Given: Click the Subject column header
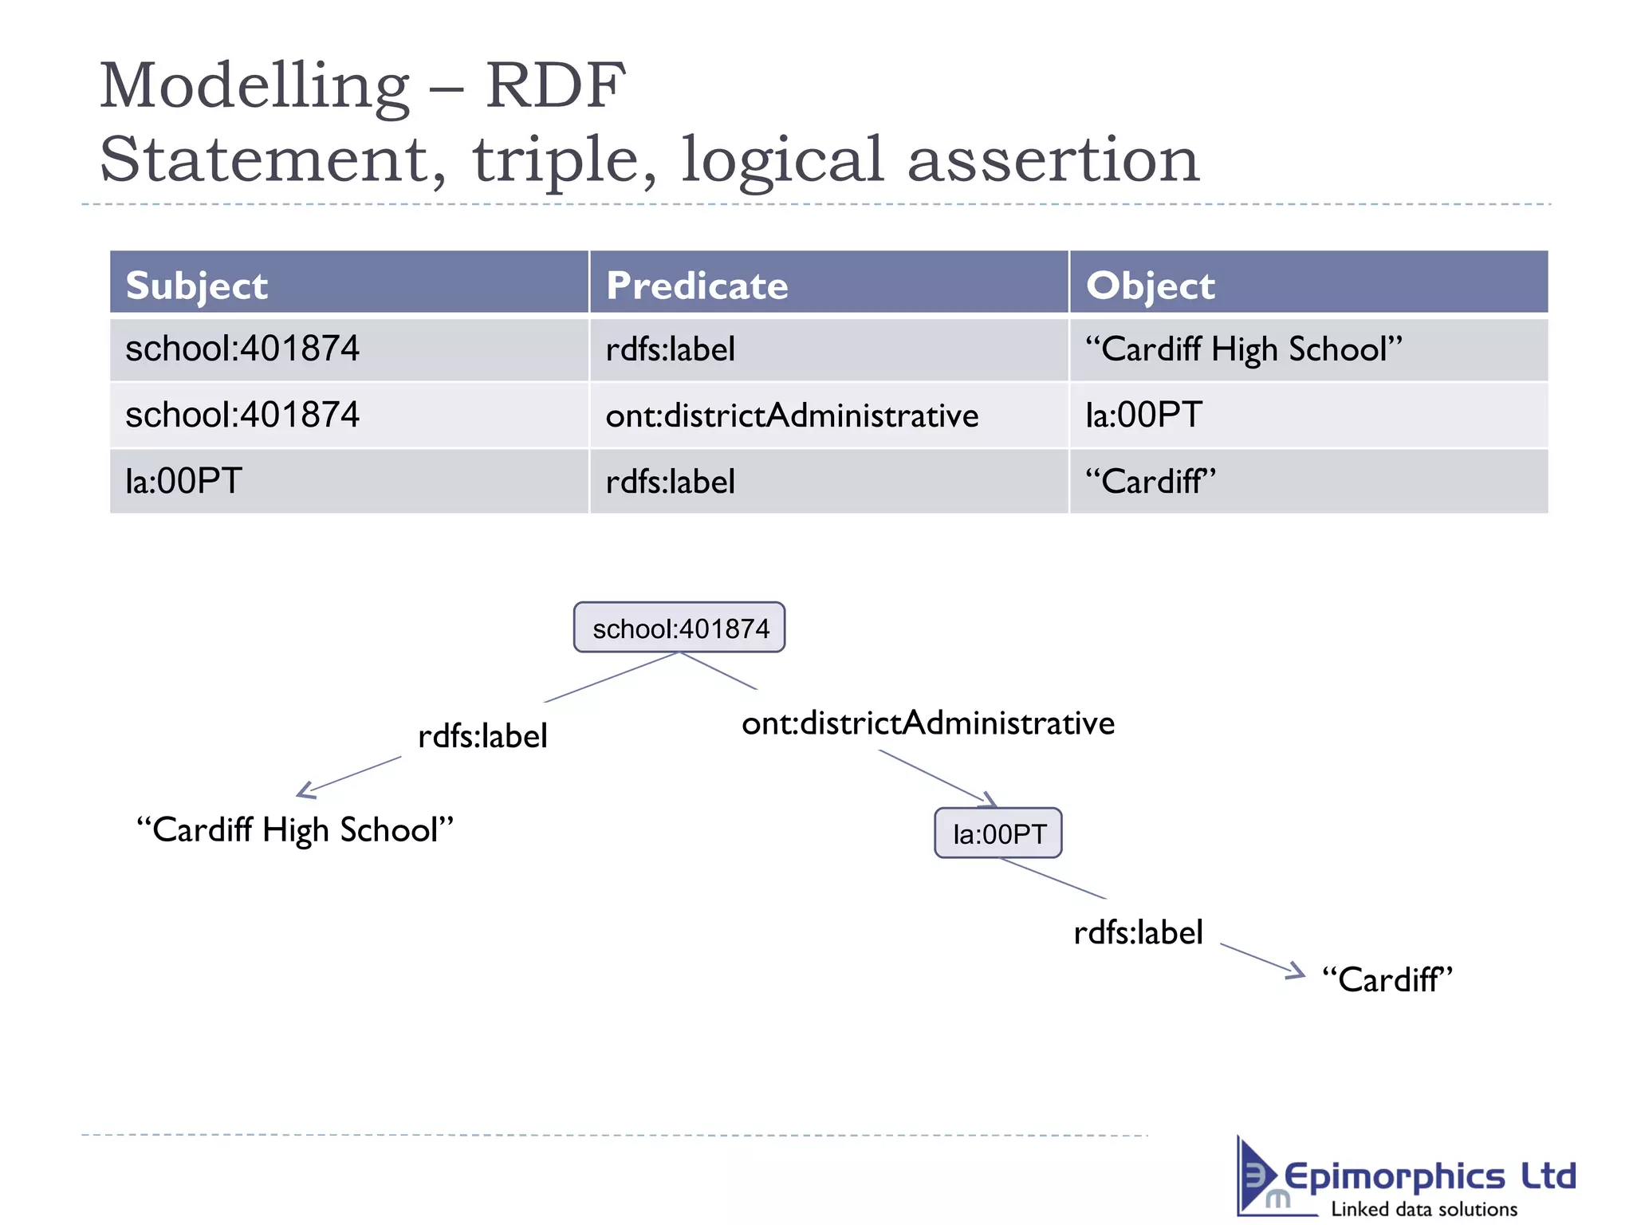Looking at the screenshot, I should pyautogui.click(x=197, y=285).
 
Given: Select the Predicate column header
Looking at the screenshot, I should pyautogui.click(x=696, y=285).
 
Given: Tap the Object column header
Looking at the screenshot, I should pyautogui.click(x=1150, y=285).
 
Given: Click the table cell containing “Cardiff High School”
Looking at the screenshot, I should pyautogui.click(x=1243, y=349).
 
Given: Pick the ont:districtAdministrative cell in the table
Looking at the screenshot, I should pyautogui.click(x=791, y=416).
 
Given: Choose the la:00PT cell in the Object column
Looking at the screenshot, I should pyautogui.click(x=1143, y=416).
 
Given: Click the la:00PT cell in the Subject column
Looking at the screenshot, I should pyautogui.click(x=183, y=482).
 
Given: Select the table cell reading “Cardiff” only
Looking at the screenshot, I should pyautogui.click(x=1150, y=482).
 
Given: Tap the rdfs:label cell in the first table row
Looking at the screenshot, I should pyautogui.click(x=670, y=349).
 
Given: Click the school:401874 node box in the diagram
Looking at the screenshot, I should pyautogui.click(x=679, y=628).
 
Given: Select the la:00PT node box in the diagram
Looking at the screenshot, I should pyautogui.click(x=998, y=833).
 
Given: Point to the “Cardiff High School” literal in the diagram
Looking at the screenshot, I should pyautogui.click(x=294, y=829).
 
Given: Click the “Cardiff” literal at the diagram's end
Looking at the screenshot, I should pyautogui.click(x=1387, y=979).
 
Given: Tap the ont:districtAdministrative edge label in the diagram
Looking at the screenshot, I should pyautogui.click(x=927, y=723).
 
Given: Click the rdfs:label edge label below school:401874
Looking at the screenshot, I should pyautogui.click(x=482, y=735).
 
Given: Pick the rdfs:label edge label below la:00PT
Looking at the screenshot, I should pyautogui.click(x=1138, y=932).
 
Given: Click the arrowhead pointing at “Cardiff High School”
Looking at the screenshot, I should pyautogui.click(x=305, y=791).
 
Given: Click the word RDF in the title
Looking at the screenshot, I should pyautogui.click(x=555, y=85).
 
